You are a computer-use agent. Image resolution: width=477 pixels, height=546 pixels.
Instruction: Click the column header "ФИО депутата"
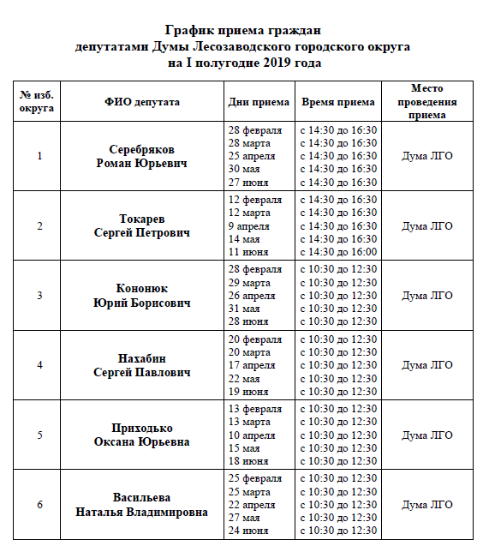pyautogui.click(x=142, y=102)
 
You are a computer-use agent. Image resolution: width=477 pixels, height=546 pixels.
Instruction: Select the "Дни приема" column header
pyautogui.click(x=259, y=102)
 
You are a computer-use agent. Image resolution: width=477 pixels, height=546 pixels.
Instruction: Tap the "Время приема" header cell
pyautogui.click(x=338, y=102)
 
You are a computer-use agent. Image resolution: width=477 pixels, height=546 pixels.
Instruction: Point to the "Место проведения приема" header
pyautogui.click(x=427, y=101)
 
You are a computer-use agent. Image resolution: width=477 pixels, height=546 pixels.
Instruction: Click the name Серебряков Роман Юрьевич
pyautogui.click(x=142, y=156)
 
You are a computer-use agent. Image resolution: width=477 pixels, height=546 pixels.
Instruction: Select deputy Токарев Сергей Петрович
pyautogui.click(x=142, y=225)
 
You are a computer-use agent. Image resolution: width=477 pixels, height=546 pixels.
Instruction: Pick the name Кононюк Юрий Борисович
pyautogui.click(x=142, y=295)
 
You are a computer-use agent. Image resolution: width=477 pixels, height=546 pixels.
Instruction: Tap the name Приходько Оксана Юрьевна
pyautogui.click(x=142, y=435)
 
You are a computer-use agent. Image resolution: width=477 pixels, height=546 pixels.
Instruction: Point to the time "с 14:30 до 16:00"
pyautogui.click(x=337, y=252)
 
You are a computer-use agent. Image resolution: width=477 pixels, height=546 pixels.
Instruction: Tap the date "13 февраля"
pyautogui.click(x=254, y=409)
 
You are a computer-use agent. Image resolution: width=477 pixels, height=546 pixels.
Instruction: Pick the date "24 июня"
pyautogui.click(x=249, y=531)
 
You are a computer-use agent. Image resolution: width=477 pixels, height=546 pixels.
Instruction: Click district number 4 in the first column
pyautogui.click(x=39, y=364)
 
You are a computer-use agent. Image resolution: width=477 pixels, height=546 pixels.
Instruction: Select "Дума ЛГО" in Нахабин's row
pyautogui.click(x=427, y=364)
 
